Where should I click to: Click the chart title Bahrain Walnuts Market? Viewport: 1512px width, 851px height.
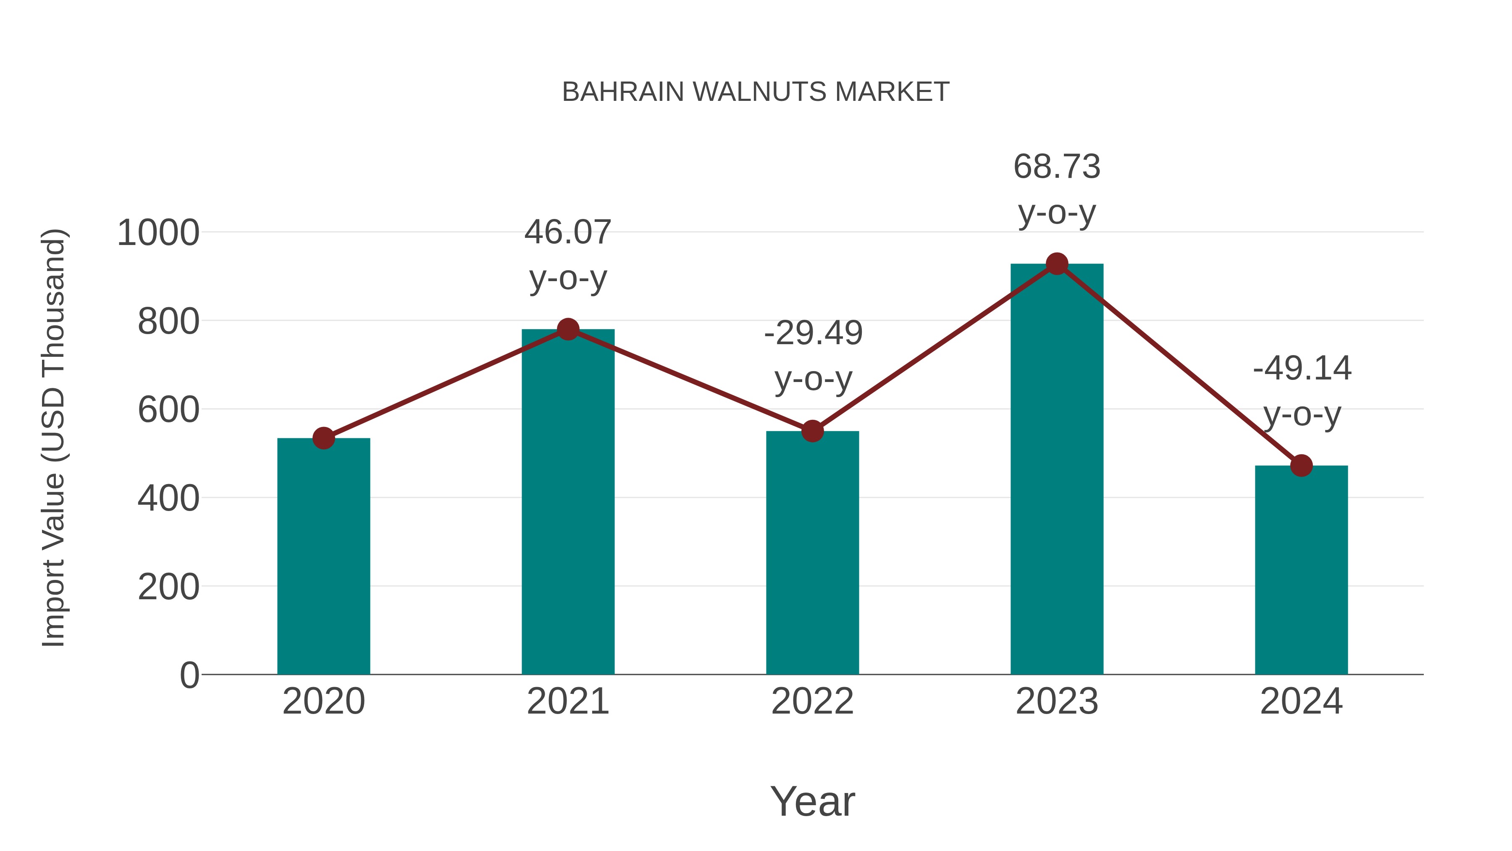coord(756,92)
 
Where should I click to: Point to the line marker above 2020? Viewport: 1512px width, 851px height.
coord(323,437)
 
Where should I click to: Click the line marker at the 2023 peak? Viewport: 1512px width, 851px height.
coord(1057,264)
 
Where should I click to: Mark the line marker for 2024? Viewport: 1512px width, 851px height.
coord(1301,466)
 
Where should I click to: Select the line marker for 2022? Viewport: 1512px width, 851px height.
coord(812,431)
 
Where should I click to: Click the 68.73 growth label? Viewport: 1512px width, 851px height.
coord(1057,189)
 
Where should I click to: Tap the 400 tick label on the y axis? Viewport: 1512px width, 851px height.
coord(168,498)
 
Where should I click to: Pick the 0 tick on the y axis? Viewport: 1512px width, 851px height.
coord(189,675)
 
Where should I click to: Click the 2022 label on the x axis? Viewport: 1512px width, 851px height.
coord(812,701)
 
